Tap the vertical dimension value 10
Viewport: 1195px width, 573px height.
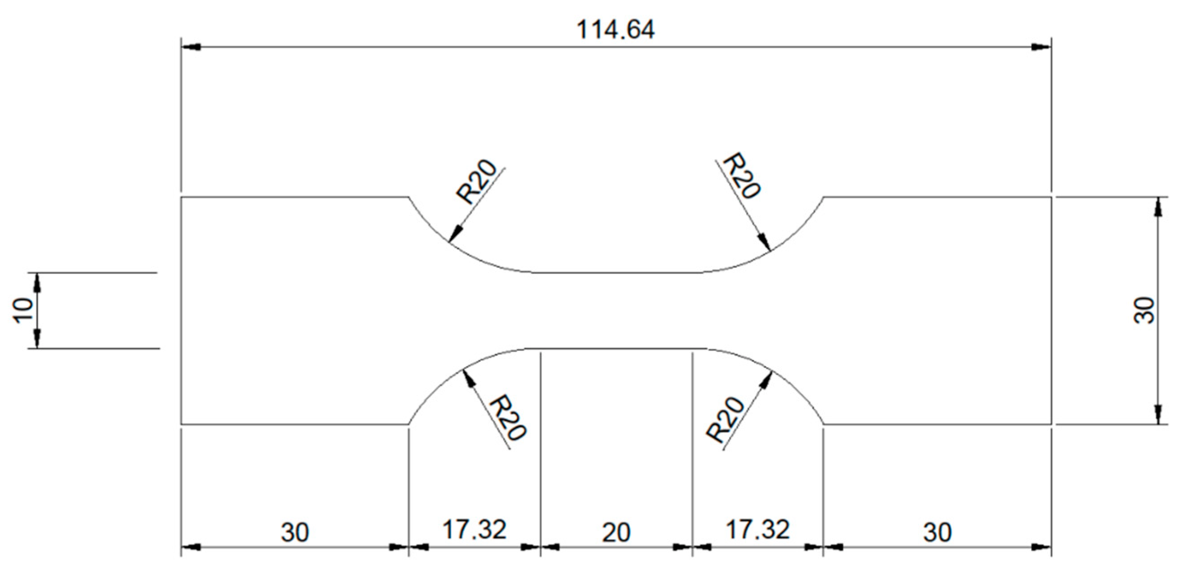[23, 310]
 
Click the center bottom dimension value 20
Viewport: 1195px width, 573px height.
[616, 533]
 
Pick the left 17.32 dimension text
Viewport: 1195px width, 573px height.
[474, 530]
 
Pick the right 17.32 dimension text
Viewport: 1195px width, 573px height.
[757, 530]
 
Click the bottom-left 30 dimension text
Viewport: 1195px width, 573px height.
[295, 533]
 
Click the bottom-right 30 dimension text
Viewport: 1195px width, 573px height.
[937, 533]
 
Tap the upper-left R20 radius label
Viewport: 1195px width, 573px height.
[477, 182]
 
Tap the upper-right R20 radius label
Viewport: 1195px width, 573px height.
[742, 176]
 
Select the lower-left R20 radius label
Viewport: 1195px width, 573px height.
[508, 417]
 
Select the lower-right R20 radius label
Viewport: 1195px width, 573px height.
[725, 419]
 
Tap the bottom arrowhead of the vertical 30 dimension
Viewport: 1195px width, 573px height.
[1158, 414]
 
